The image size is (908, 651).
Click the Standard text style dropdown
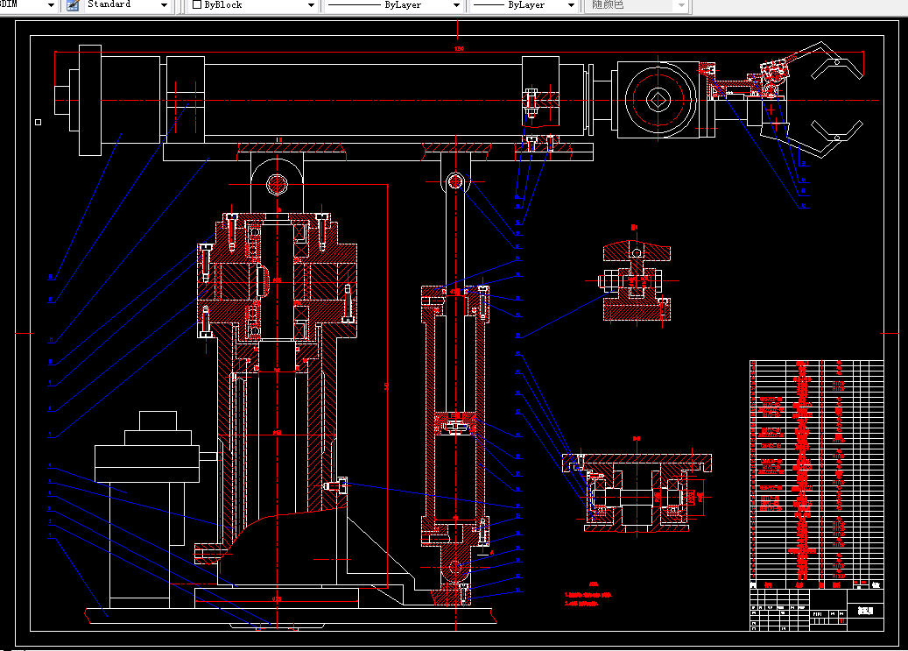point(127,5)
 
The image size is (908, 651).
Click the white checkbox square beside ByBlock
point(197,5)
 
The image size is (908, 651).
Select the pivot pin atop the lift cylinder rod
point(455,181)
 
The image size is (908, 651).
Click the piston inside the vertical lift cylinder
point(454,425)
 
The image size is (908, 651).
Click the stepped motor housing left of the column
point(147,456)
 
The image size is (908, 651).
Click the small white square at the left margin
point(38,122)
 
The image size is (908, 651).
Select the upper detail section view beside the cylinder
point(636,280)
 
